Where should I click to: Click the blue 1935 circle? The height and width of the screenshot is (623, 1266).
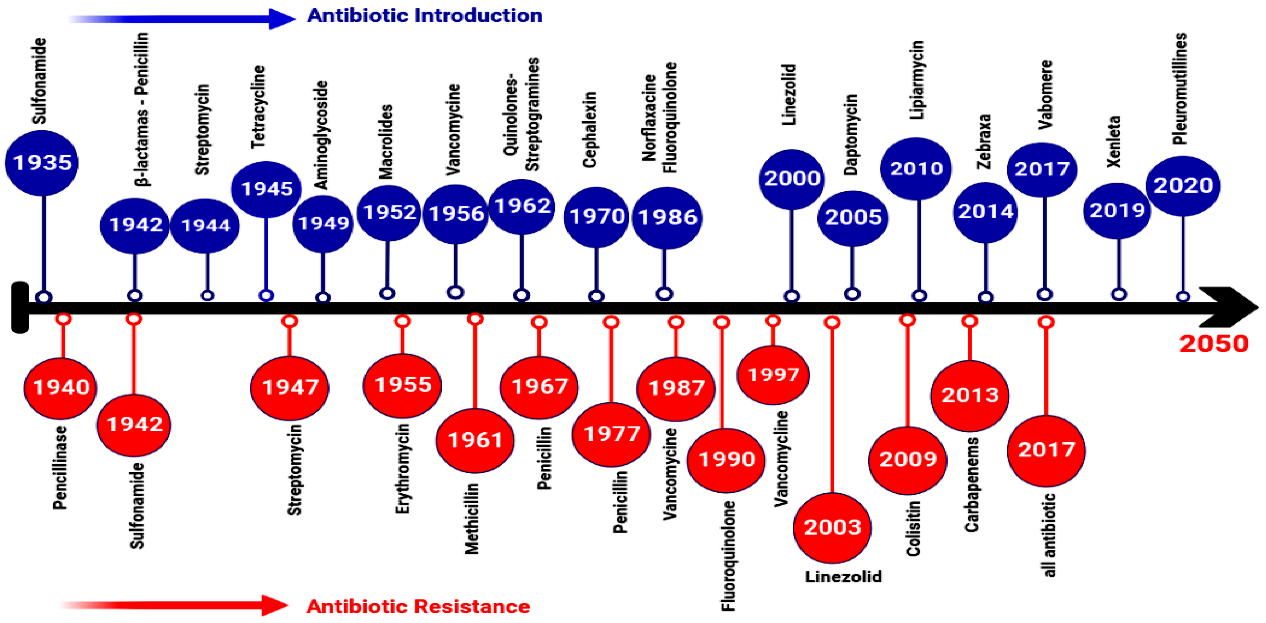[x=42, y=163]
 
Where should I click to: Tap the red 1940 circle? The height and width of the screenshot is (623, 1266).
[x=61, y=388]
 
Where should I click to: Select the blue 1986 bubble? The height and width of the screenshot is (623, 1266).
[x=667, y=217]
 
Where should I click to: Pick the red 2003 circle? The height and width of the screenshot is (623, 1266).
[x=832, y=527]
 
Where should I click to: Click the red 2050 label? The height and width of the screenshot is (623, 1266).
[x=1213, y=344]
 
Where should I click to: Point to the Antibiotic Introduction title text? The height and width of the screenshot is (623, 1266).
[x=425, y=16]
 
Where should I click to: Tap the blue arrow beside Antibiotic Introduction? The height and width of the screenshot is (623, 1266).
[x=182, y=19]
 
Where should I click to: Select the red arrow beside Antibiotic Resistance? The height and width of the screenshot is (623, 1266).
[x=174, y=605]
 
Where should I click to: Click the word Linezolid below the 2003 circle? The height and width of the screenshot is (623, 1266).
[x=843, y=576]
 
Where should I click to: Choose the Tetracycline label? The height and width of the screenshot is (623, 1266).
[x=258, y=107]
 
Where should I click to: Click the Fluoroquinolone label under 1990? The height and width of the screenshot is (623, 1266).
[x=728, y=556]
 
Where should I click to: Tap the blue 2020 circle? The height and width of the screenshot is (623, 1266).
[x=1183, y=186]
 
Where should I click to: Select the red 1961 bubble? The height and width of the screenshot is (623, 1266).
[x=475, y=440]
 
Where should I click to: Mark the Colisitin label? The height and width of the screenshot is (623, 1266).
[x=913, y=528]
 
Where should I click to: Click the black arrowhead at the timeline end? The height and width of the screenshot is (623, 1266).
[x=1229, y=308]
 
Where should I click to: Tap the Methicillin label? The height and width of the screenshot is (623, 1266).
[x=472, y=518]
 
